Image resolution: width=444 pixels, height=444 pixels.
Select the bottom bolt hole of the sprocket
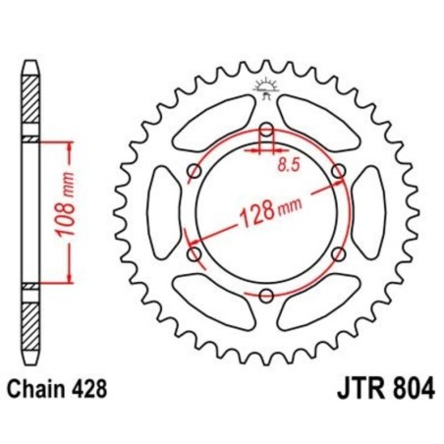pos(266,294)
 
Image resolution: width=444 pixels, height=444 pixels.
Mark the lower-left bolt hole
pos(194,254)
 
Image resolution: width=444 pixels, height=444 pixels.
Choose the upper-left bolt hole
pos(194,173)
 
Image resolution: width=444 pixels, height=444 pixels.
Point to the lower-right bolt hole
pos(339,254)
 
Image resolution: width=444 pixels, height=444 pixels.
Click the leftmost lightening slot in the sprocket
pos(163,213)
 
